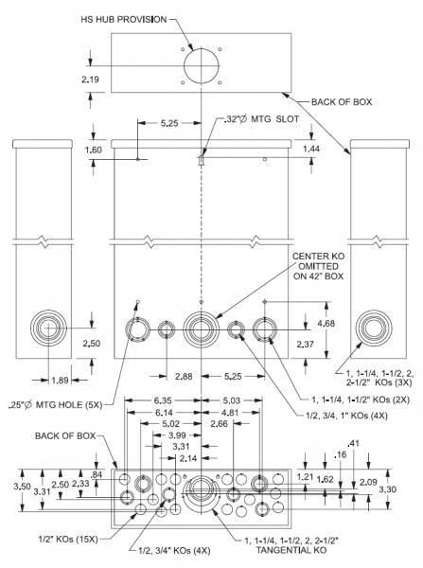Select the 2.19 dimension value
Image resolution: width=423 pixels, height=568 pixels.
(91, 79)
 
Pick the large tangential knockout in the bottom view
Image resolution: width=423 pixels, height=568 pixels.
(202, 492)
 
